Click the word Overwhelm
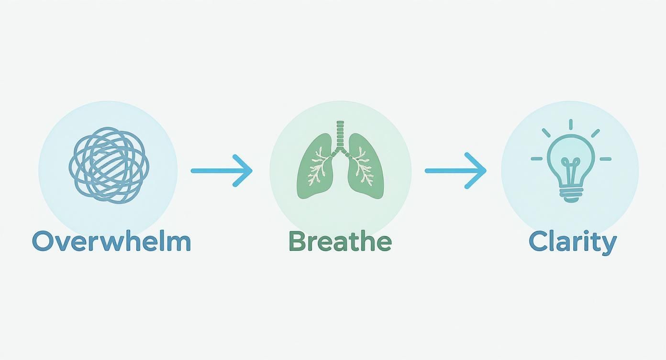(111, 241)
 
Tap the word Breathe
(340, 241)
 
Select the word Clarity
(573, 243)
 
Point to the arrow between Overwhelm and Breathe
(222, 170)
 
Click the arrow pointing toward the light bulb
(455, 170)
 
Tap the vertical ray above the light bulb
(571, 124)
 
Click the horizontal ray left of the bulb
(537, 159)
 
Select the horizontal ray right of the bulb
(605, 159)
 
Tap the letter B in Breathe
(297, 241)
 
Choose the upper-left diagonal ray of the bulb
(546, 133)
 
